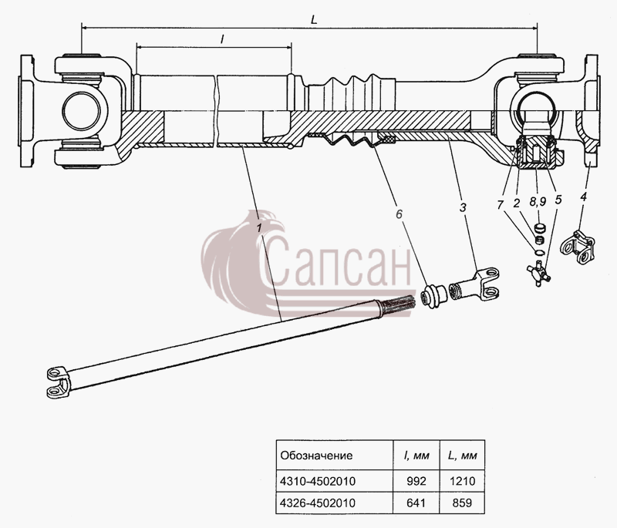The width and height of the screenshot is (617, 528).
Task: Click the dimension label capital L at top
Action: (x=314, y=20)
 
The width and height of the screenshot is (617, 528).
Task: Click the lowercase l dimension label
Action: (x=222, y=39)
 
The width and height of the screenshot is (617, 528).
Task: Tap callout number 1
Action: (x=259, y=227)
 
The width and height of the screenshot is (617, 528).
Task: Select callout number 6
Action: (x=399, y=214)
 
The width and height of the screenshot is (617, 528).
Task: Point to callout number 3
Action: (x=463, y=207)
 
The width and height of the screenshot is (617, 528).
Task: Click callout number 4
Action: (x=583, y=197)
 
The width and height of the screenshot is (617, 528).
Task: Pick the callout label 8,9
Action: (x=538, y=202)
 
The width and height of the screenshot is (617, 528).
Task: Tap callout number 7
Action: (x=500, y=204)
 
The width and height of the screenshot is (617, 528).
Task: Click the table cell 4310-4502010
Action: (x=318, y=481)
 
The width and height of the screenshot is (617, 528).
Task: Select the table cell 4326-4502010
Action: (x=318, y=503)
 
